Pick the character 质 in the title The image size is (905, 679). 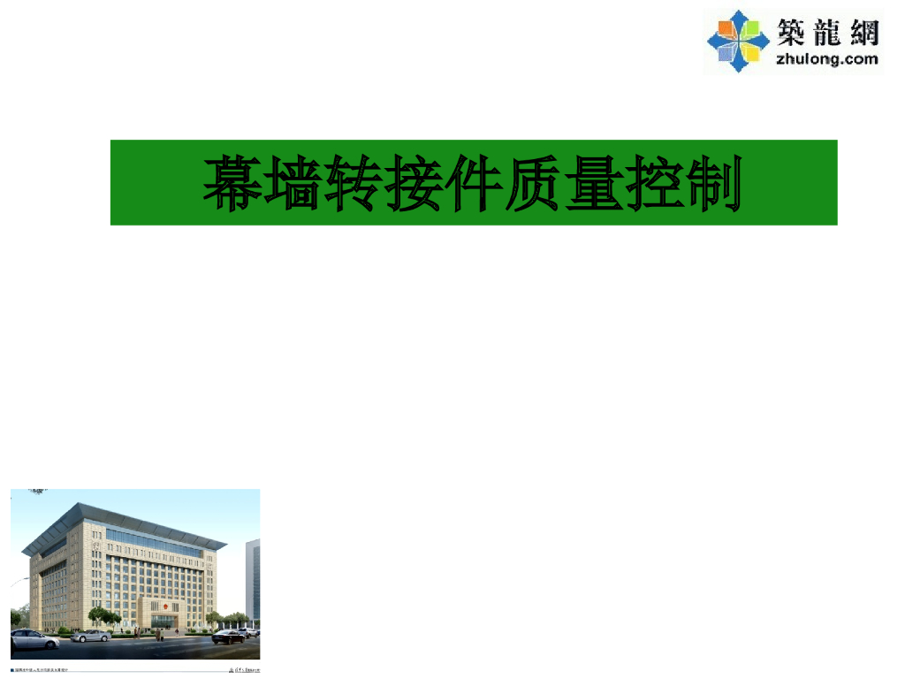tap(532, 184)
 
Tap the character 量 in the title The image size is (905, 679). tap(592, 184)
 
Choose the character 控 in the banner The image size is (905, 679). tap(652, 184)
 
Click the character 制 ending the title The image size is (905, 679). tap(712, 184)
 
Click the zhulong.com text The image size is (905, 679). tap(826, 59)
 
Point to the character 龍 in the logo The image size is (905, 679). tap(827, 34)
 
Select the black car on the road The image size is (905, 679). tap(230, 636)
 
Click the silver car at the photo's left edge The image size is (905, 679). tap(34, 638)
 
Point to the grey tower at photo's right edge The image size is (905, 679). tap(253, 579)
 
